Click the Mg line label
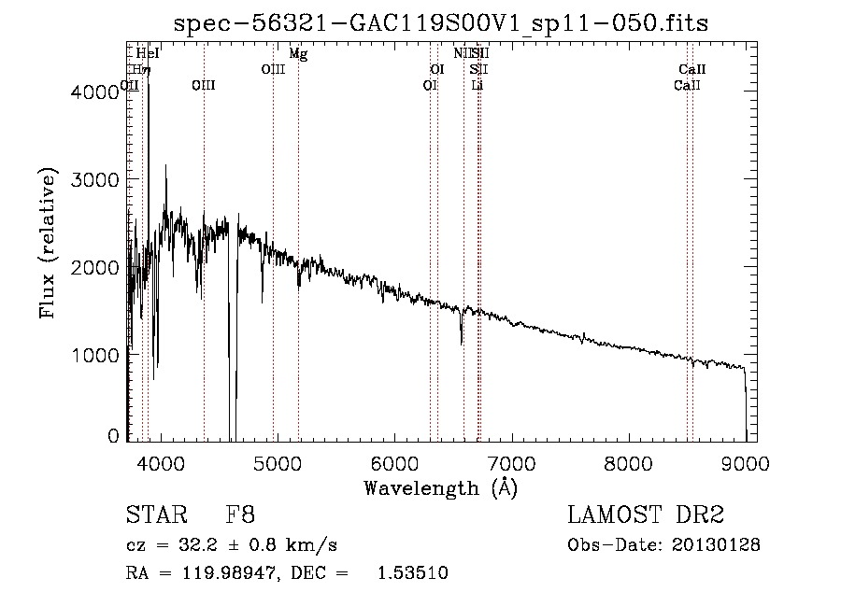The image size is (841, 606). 298,54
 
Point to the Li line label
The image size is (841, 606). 478,85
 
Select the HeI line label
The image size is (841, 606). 148,54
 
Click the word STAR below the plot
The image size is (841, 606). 155,515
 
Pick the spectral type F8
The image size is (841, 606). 241,515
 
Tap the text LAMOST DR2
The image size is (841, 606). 646,515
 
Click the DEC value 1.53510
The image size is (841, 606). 412,573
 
